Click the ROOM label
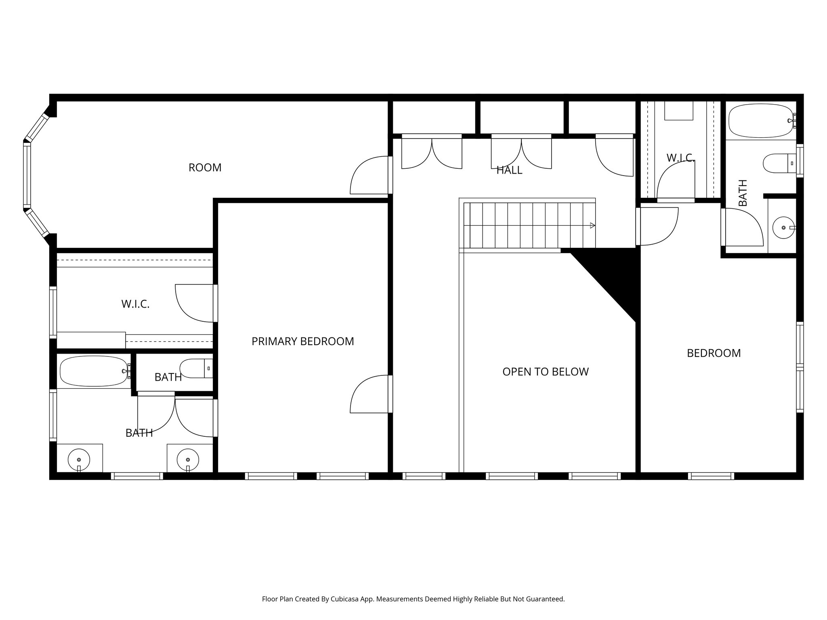pos(205,168)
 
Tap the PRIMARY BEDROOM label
pos(302,341)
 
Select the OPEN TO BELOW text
pos(545,372)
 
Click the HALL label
pos(509,170)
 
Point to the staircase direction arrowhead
pos(592,226)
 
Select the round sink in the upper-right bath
pos(783,228)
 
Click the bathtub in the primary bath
pos(94,371)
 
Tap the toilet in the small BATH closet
pos(196,368)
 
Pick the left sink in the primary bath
pos(79,460)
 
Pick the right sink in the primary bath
pos(188,460)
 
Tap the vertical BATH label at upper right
pos(743,193)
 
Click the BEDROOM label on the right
pos(714,353)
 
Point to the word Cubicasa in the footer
pos(345,599)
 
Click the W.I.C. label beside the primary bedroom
pos(135,304)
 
